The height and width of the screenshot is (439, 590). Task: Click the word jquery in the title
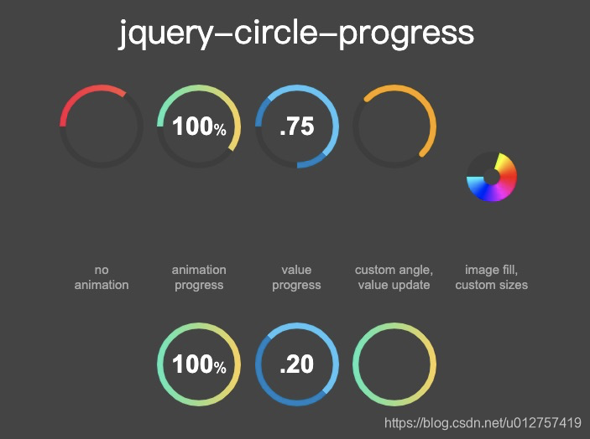166,34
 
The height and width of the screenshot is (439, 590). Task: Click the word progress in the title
406,34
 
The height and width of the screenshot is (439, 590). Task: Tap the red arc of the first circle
84,94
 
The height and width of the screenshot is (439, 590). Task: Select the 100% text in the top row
199,127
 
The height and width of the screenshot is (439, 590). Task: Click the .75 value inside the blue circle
297,127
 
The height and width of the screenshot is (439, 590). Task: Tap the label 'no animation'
102,277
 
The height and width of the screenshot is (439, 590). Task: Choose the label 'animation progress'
199,277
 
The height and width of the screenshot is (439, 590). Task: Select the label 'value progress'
296,277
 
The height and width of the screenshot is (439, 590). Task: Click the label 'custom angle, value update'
394,277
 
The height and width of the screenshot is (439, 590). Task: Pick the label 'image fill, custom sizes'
492,277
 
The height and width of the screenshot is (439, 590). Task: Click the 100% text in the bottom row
199,364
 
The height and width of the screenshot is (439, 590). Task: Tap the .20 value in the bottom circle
297,364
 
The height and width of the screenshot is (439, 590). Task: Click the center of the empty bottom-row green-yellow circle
394,364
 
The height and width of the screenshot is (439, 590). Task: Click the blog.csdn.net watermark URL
483,423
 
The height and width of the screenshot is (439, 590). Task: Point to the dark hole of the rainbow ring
492,177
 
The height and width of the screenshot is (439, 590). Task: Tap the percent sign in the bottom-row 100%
220,367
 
